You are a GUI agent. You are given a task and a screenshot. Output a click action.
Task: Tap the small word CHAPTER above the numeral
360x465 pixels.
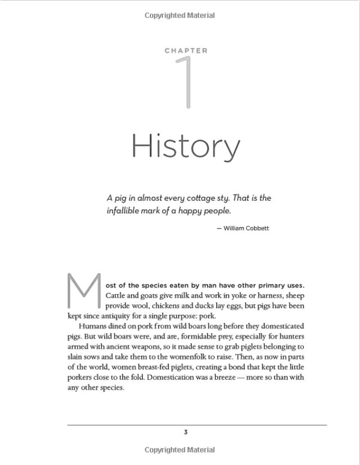coord(186,51)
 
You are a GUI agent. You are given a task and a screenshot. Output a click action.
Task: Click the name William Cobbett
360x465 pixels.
coord(246,228)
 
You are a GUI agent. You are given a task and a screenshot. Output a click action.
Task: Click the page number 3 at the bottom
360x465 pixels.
coord(185,432)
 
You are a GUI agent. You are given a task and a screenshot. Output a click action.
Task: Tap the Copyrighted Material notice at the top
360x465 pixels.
coord(180,15)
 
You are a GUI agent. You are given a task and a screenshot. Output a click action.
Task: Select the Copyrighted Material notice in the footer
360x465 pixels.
coord(180,450)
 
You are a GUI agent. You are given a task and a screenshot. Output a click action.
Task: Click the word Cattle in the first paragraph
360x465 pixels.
coord(116,295)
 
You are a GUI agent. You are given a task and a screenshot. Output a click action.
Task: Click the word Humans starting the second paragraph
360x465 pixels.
coord(91,326)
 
